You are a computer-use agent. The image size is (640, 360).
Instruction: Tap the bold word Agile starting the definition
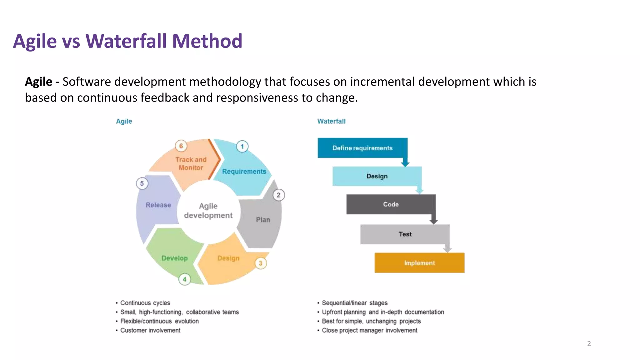pyautogui.click(x=38, y=82)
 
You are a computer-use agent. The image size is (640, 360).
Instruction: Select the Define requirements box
pyautogui.click(x=362, y=148)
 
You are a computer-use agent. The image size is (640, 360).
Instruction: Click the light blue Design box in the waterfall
pyautogui.click(x=377, y=176)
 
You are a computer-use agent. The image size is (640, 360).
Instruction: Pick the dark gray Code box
pyautogui.click(x=391, y=204)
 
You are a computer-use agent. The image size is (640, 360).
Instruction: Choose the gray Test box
pyautogui.click(x=405, y=234)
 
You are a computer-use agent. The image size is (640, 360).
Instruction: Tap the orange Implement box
pyautogui.click(x=419, y=263)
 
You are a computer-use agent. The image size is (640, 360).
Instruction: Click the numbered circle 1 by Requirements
pyautogui.click(x=242, y=146)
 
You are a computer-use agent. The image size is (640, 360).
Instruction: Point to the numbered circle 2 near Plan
pyautogui.click(x=278, y=195)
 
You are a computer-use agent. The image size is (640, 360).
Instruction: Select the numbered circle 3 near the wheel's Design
pyautogui.click(x=261, y=263)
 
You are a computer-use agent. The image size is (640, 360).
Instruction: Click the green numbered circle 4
pyautogui.click(x=184, y=279)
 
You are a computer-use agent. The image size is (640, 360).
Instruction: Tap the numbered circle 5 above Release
pyautogui.click(x=142, y=183)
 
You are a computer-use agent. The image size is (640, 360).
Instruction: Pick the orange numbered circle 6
pyautogui.click(x=181, y=146)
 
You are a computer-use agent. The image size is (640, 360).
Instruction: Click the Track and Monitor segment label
pyautogui.click(x=191, y=163)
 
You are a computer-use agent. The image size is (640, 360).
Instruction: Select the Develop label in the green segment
pyautogui.click(x=174, y=258)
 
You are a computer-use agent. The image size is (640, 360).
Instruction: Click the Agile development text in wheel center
pyautogui.click(x=208, y=211)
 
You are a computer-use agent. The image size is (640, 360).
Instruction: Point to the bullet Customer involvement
pyautogui.click(x=150, y=330)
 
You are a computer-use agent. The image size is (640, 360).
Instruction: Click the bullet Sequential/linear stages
pyautogui.click(x=354, y=303)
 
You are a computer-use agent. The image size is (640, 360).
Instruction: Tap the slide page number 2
pyautogui.click(x=589, y=343)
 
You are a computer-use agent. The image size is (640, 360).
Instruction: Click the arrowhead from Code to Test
pyautogui.click(x=433, y=221)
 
